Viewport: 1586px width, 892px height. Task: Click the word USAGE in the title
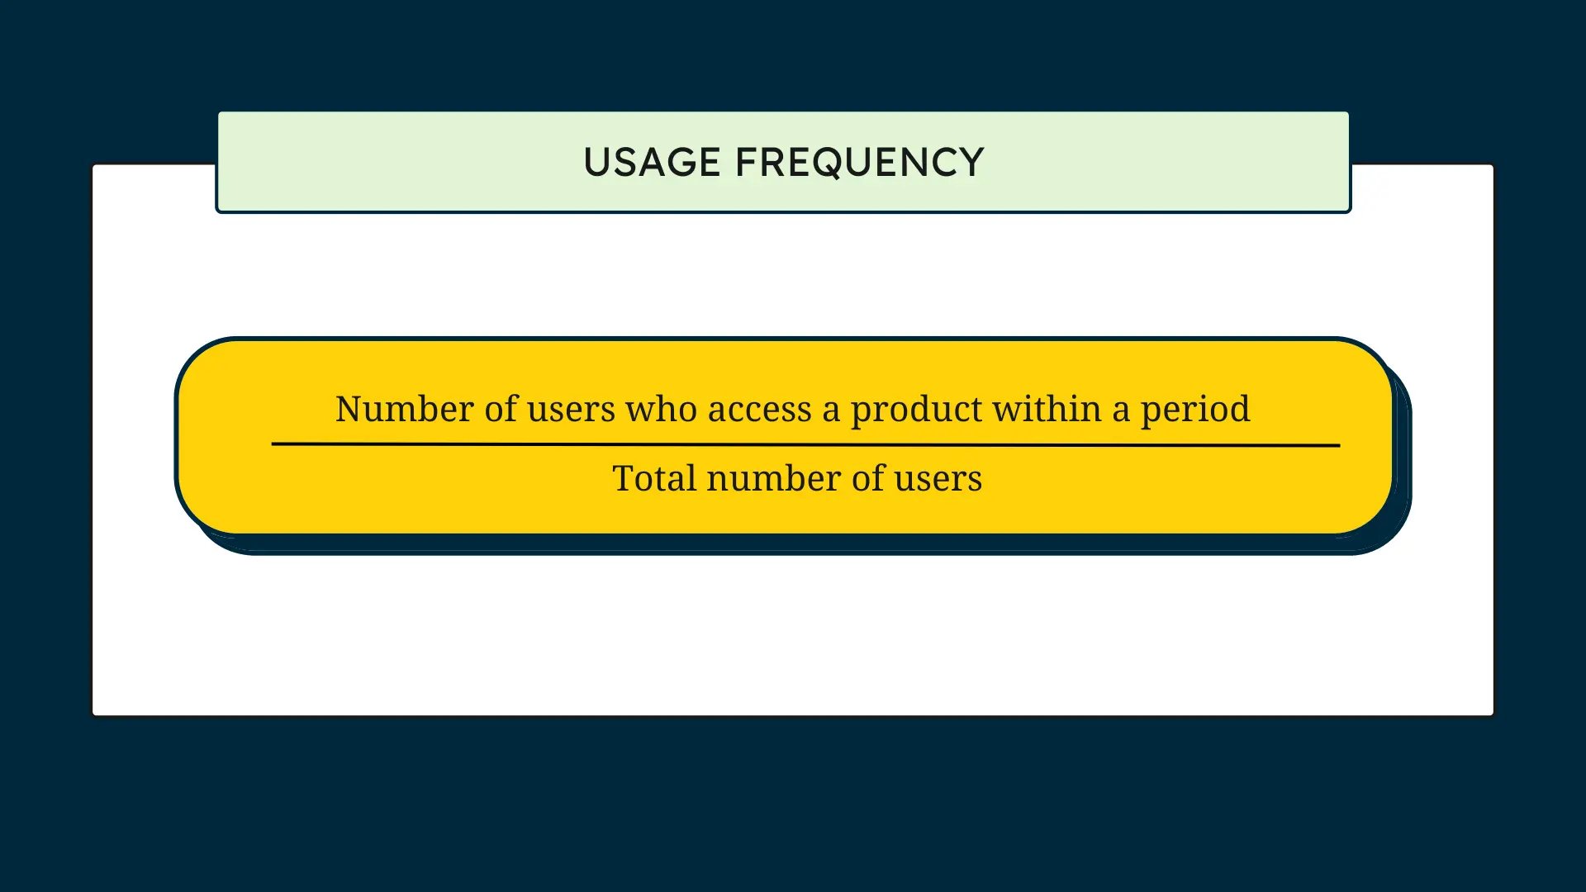pyautogui.click(x=652, y=163)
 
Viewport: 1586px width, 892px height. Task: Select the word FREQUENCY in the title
pyautogui.click(x=859, y=163)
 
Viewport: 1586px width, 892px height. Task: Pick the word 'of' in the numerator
pyautogui.click(x=501, y=409)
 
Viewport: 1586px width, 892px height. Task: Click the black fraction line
pyautogui.click(x=805, y=444)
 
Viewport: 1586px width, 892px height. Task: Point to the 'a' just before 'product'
pyautogui.click(x=830, y=410)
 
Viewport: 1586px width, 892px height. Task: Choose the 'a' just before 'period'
pyautogui.click(x=1120, y=410)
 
